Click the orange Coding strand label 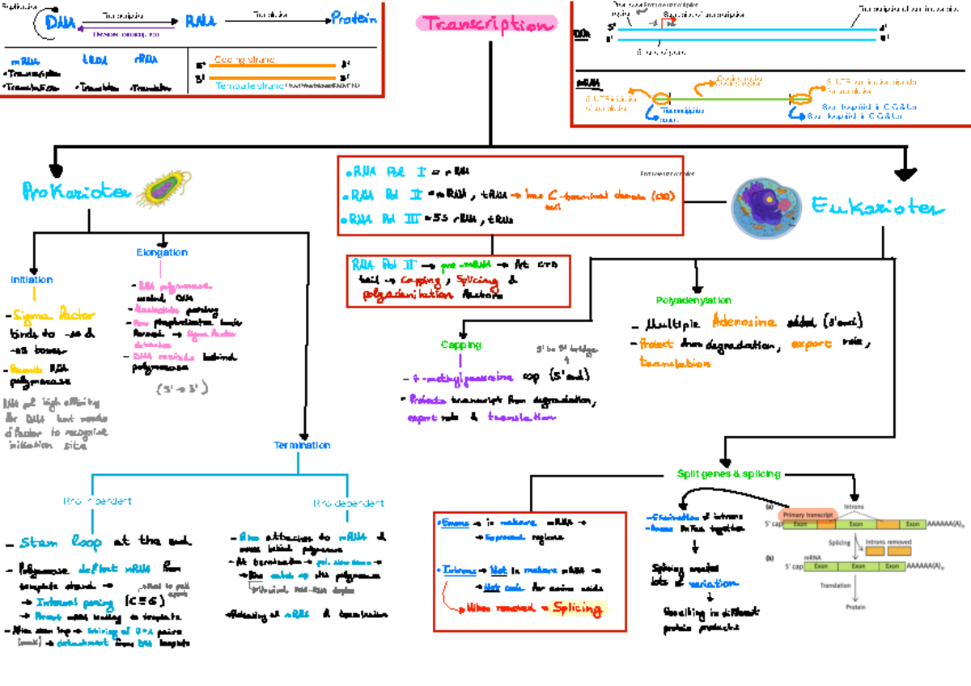pyautogui.click(x=244, y=60)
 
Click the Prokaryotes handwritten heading pyautogui.click(x=75, y=192)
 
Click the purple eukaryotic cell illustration pyautogui.click(x=765, y=206)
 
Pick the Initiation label pyautogui.click(x=32, y=280)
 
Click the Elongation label pyautogui.click(x=162, y=252)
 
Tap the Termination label pyautogui.click(x=302, y=445)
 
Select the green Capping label pyautogui.click(x=461, y=345)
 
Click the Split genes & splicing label pyautogui.click(x=728, y=474)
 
